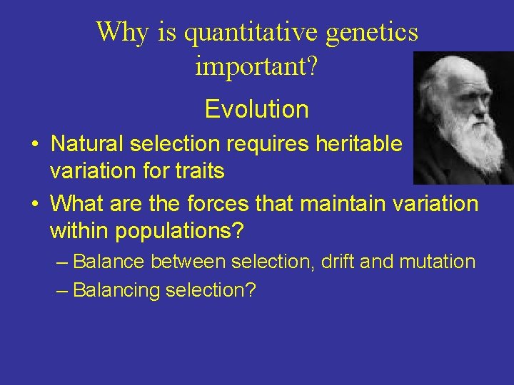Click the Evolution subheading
pos(256,109)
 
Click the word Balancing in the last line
pos(116,291)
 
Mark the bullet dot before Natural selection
pos(34,144)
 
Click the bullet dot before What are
pos(34,204)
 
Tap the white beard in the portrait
pos(468,143)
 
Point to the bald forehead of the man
pos(457,71)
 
